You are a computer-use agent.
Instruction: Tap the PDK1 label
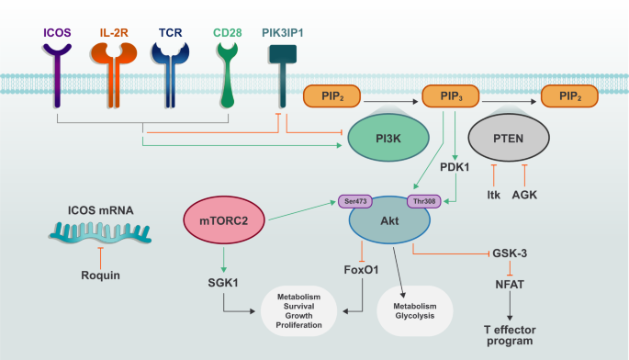click(455, 168)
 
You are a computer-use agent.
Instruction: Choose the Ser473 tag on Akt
click(354, 201)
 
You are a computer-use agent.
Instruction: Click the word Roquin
click(99, 274)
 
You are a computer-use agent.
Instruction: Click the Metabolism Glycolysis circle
click(415, 312)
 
